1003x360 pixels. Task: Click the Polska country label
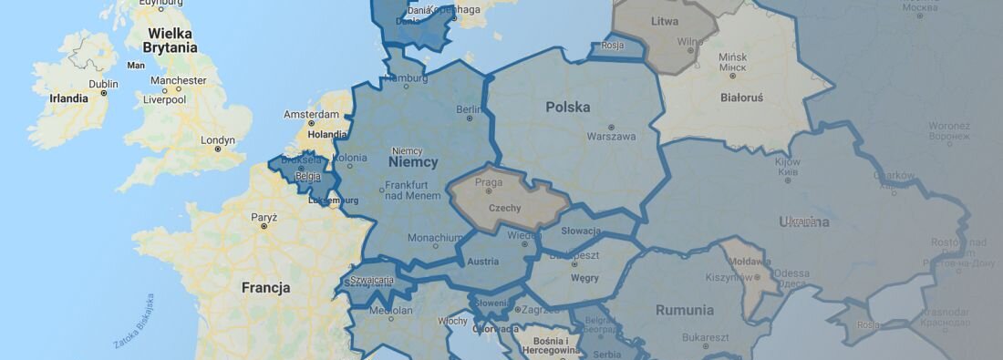click(x=567, y=108)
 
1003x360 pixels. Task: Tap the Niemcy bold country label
click(x=413, y=162)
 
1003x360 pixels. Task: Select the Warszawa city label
click(x=611, y=137)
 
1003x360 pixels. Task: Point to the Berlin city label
click(x=467, y=109)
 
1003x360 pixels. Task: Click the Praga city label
click(x=489, y=181)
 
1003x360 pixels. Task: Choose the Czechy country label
click(x=505, y=208)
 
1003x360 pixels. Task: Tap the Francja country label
click(x=266, y=288)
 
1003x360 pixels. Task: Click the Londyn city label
click(x=218, y=141)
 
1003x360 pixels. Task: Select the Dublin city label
click(x=103, y=84)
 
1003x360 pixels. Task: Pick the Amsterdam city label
click(x=311, y=115)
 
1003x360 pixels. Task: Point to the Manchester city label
click(x=178, y=80)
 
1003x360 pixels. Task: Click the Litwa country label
click(x=665, y=20)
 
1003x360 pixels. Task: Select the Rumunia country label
click(x=684, y=310)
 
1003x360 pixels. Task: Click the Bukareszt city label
click(x=706, y=336)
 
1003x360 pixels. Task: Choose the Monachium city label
click(x=435, y=238)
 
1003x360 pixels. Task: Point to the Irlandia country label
click(x=69, y=98)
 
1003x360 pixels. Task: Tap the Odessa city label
click(x=791, y=273)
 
